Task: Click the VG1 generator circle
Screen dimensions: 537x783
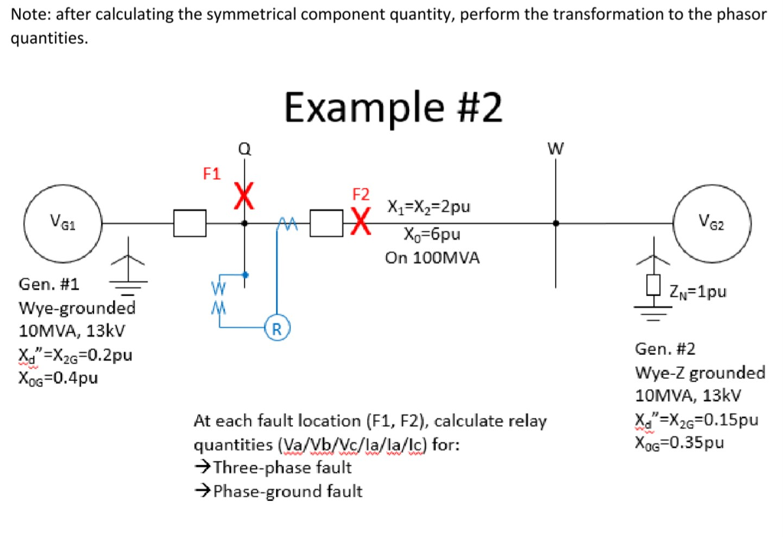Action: [x=63, y=223]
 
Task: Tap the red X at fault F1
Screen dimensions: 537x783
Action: [x=244, y=195]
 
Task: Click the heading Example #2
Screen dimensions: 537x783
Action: [x=394, y=107]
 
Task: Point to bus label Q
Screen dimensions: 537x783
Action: [x=244, y=150]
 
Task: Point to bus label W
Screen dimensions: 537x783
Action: [x=555, y=149]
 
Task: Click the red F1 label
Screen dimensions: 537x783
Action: [x=212, y=174]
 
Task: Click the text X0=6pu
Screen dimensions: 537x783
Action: [x=432, y=233]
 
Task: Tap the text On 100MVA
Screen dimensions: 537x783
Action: [x=432, y=258]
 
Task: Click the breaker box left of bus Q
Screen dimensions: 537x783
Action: [x=190, y=223]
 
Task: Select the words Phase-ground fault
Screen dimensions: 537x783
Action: [x=287, y=491]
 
